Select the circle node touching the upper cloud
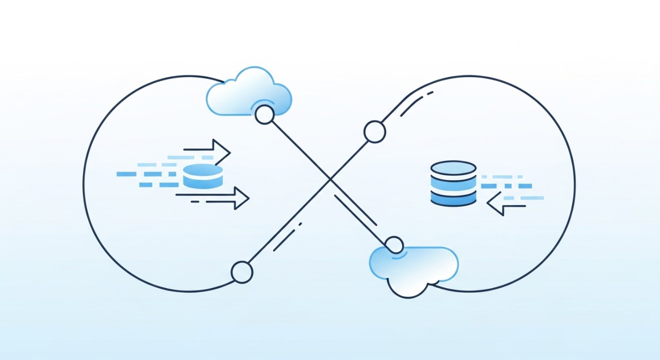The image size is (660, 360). pyautogui.click(x=265, y=115)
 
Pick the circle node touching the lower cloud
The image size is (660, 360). pyautogui.click(x=394, y=244)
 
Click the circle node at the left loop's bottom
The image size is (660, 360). pyautogui.click(x=241, y=272)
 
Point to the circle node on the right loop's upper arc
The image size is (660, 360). pyautogui.click(x=374, y=132)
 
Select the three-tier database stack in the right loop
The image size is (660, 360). pyautogui.click(x=453, y=184)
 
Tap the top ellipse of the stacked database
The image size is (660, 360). pyautogui.click(x=453, y=168)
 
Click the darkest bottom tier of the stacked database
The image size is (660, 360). pyautogui.click(x=453, y=199)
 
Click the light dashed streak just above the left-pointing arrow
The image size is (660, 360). pyautogui.click(x=523, y=198)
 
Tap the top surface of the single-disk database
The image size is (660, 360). pyautogui.click(x=203, y=170)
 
